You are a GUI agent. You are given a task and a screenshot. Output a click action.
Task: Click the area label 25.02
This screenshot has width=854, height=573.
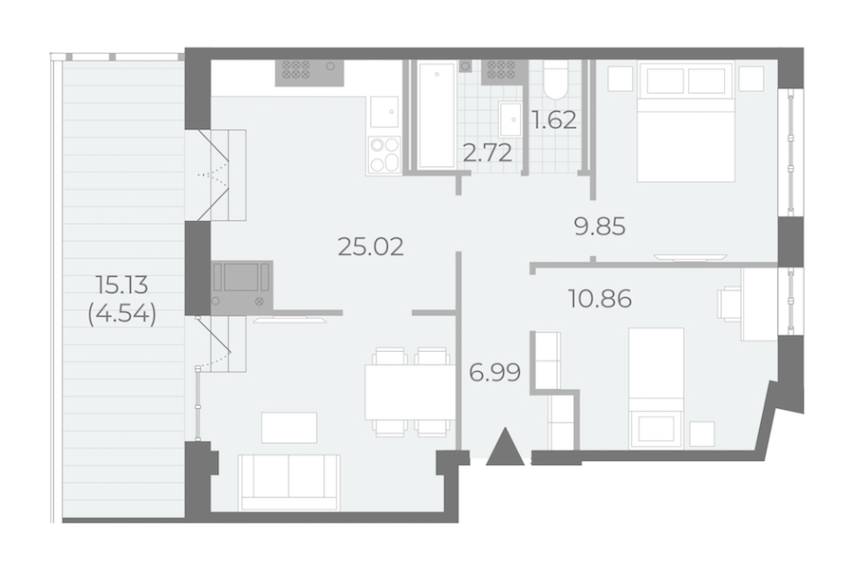[x=371, y=247]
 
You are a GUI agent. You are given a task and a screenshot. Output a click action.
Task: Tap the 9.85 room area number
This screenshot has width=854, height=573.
[x=600, y=226]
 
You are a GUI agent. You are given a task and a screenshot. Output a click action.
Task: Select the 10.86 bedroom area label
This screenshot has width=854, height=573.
[x=600, y=299]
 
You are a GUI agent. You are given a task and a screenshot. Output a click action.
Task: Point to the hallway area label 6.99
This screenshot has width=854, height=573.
[x=494, y=373]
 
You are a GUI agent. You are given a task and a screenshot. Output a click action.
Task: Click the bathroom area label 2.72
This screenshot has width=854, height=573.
[x=488, y=154]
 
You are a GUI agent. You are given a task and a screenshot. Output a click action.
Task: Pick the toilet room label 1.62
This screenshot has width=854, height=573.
[x=554, y=120]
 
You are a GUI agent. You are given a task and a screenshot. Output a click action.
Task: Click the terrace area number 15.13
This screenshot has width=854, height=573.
[x=122, y=284]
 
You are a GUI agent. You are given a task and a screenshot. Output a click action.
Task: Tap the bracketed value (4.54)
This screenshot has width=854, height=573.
[x=122, y=314]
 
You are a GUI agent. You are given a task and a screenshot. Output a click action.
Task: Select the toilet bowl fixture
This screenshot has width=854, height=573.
[x=556, y=80]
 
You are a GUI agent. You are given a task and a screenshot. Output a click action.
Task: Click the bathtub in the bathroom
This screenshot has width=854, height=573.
[x=436, y=116]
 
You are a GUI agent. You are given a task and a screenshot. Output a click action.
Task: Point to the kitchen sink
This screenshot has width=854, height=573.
[x=384, y=112]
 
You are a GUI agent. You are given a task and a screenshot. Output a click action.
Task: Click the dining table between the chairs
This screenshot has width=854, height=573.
[x=410, y=392]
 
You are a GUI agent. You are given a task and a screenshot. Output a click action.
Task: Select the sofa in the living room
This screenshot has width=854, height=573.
[x=289, y=483]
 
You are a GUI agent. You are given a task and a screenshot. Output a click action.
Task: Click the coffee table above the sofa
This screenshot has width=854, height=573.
[x=289, y=428]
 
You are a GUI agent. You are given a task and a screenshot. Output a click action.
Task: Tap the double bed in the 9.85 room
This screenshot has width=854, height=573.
[x=686, y=121]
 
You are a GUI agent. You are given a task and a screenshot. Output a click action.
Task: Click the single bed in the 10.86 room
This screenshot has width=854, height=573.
[x=656, y=388]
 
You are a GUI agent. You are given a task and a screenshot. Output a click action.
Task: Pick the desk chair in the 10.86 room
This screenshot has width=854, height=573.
[x=730, y=304]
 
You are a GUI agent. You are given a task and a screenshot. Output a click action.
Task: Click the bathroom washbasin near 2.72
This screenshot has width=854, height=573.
[x=511, y=119]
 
